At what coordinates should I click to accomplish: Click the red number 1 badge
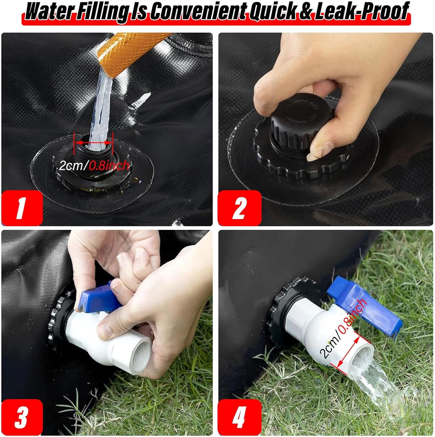22,208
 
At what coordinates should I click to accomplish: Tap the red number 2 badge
239,208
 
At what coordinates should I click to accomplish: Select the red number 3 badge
22,417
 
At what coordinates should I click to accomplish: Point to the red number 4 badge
239,417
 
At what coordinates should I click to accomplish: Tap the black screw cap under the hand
289,128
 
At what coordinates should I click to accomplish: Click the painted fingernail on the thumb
316,151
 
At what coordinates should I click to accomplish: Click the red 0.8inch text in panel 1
109,166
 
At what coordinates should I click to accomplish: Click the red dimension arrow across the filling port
93,143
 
